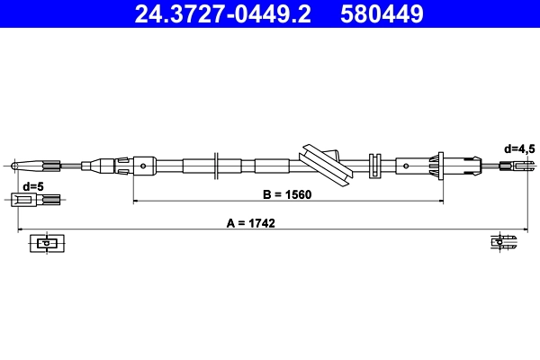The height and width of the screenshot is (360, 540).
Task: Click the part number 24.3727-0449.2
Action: (224, 13)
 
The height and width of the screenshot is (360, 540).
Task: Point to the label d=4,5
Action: (519, 148)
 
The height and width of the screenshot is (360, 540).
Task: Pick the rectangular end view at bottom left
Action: (46, 242)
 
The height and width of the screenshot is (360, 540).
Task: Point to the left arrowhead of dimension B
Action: (137, 201)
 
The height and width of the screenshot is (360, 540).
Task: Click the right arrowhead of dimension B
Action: (438, 201)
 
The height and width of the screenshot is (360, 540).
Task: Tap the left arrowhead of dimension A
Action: (22, 229)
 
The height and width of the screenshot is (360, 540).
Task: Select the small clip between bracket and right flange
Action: (375, 165)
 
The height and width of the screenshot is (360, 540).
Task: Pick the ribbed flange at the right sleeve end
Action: (440, 165)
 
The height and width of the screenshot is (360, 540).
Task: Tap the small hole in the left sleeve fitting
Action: (145, 165)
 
